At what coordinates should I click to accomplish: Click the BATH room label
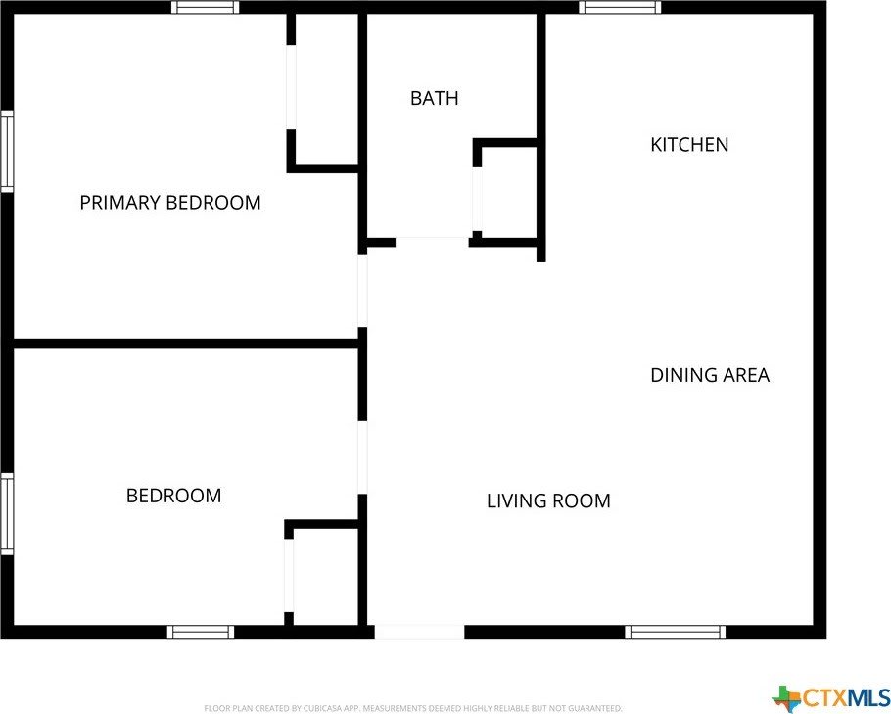434,98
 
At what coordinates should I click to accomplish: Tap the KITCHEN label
689,144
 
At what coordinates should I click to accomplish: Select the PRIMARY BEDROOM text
170,203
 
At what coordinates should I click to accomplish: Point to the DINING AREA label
710,375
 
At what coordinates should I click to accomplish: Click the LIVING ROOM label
548,500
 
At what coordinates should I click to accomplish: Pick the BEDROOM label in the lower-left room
173,496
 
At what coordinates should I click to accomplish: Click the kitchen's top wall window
620,7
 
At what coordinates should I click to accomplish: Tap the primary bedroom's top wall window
206,7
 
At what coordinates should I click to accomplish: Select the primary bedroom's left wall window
7,151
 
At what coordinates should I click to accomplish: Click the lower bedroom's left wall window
7,514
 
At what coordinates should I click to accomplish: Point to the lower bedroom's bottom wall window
201,632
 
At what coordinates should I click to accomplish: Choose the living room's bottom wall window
675,632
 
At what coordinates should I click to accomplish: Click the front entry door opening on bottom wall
419,632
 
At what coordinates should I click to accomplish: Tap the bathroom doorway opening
432,243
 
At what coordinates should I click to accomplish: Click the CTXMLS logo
830,697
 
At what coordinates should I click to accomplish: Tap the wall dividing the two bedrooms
185,344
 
